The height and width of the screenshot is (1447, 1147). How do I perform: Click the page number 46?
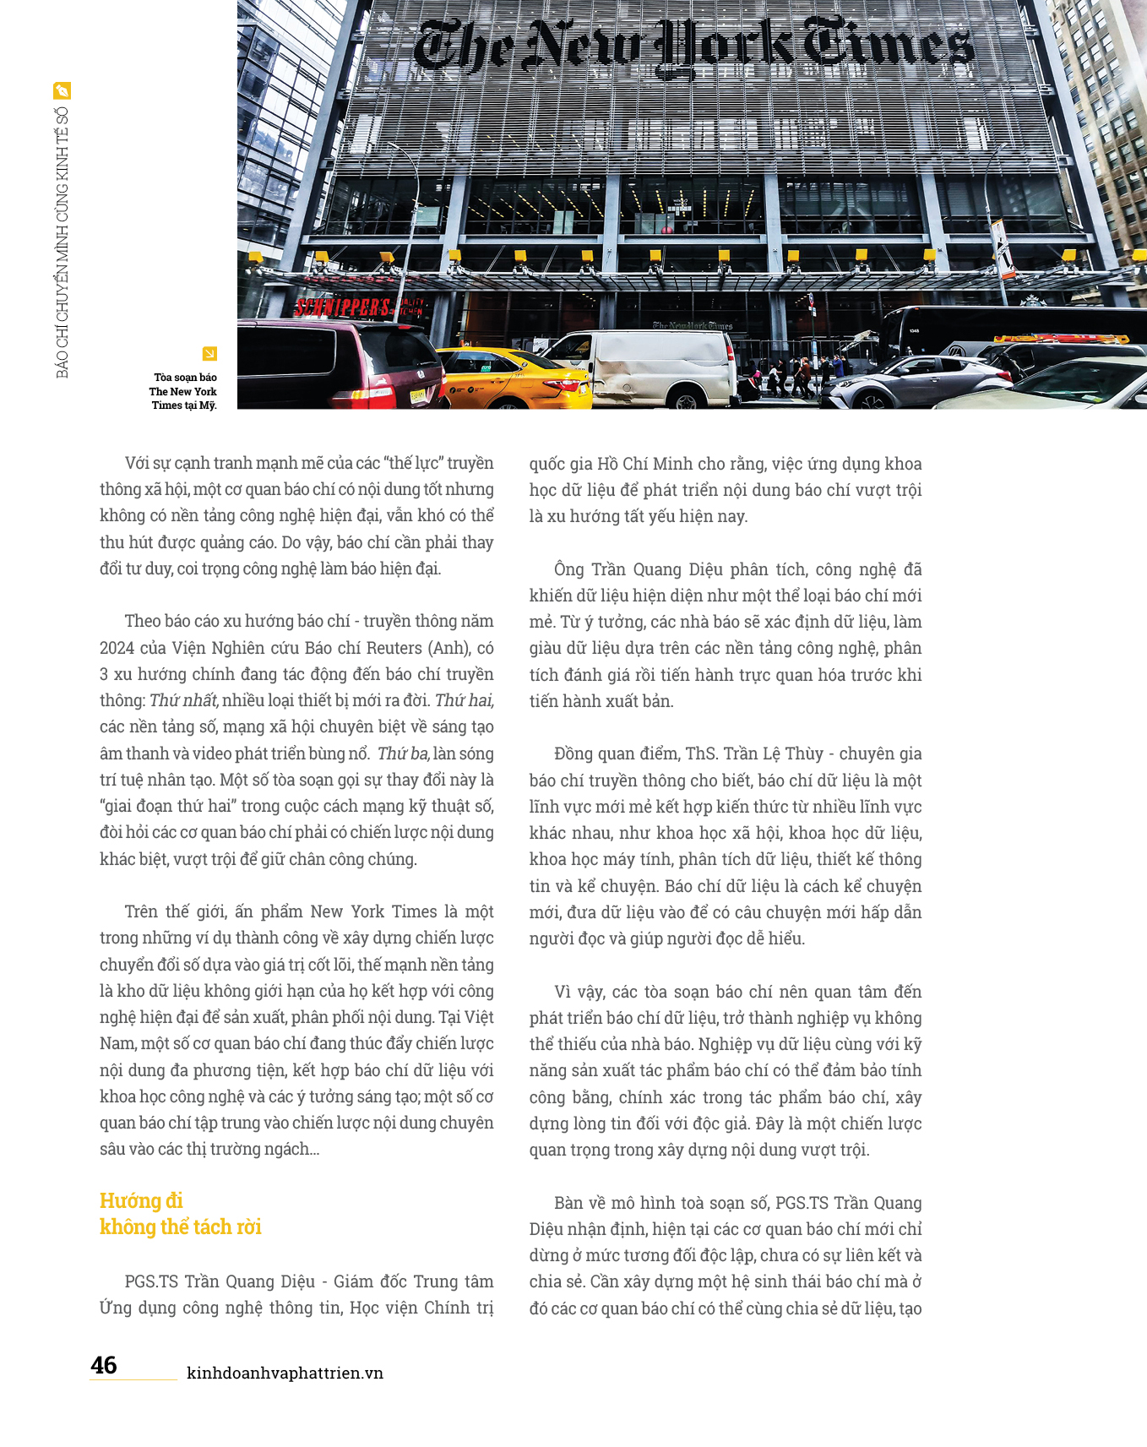pyautogui.click(x=104, y=1365)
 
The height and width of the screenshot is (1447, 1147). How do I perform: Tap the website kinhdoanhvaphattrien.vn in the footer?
pyautogui.click(x=285, y=1373)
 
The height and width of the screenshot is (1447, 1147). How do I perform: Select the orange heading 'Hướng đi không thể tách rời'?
pyautogui.click(x=180, y=1214)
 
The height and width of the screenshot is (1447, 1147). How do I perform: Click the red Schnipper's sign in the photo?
pyautogui.click(x=342, y=307)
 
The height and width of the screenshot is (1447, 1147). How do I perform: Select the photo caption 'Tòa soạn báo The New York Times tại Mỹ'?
pyautogui.click(x=183, y=391)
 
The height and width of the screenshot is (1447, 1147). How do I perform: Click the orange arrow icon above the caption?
pyautogui.click(x=209, y=354)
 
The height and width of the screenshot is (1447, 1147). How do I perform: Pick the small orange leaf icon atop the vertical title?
pyautogui.click(x=62, y=90)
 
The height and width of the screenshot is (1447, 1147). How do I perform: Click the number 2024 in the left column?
pyautogui.click(x=117, y=648)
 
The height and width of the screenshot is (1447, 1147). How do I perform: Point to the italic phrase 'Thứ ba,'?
pyautogui.click(x=403, y=753)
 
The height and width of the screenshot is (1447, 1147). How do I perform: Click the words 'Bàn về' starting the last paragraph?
pyautogui.click(x=579, y=1203)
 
